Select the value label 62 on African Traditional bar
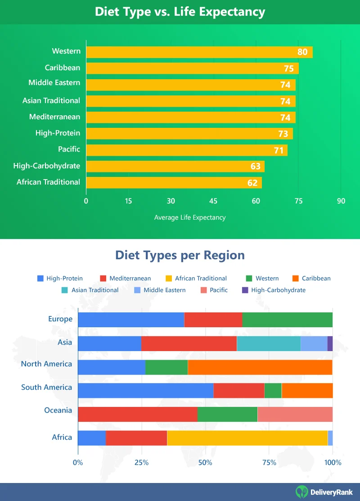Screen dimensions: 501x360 click(252, 183)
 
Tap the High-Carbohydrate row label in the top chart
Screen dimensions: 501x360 click(47, 166)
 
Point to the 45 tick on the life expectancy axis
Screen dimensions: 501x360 click(213, 201)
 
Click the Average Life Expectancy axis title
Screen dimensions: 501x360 click(189, 217)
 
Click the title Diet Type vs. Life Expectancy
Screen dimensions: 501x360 click(180, 12)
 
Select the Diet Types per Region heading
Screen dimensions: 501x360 click(180, 255)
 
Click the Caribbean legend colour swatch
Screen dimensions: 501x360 click(296, 278)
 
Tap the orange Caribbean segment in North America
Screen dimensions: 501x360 click(260, 367)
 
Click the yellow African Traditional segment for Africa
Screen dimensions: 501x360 click(247, 438)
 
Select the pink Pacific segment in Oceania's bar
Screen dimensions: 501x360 click(295, 414)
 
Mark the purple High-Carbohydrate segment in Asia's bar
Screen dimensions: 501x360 click(330, 343)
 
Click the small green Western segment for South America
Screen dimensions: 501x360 click(273, 391)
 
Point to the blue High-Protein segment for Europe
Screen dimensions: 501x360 click(131, 320)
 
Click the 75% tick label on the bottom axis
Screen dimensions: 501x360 click(269, 462)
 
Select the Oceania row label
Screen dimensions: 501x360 click(58, 410)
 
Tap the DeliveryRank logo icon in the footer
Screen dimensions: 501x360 click(301, 492)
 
